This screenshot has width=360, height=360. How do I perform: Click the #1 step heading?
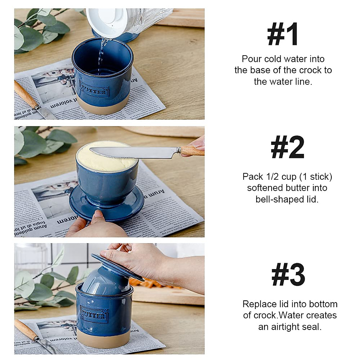[283, 34]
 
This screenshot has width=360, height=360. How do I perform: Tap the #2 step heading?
[287, 148]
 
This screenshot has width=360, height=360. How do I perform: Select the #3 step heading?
[288, 275]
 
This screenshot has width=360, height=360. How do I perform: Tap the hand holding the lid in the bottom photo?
[141, 259]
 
